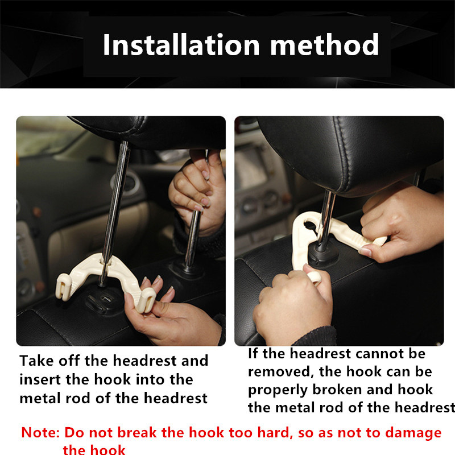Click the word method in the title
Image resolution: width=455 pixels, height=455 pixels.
click(324, 44)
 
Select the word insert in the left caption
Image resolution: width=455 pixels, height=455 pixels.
click(40, 379)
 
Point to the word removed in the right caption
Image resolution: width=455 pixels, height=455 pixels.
click(279, 371)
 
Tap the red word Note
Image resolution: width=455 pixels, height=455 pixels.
click(40, 432)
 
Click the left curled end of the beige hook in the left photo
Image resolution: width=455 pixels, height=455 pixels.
click(63, 286)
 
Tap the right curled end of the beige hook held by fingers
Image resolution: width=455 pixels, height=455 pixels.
click(146, 300)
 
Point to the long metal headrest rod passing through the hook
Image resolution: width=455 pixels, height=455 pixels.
click(114, 213)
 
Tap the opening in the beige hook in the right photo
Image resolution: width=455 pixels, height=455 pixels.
click(312, 226)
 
